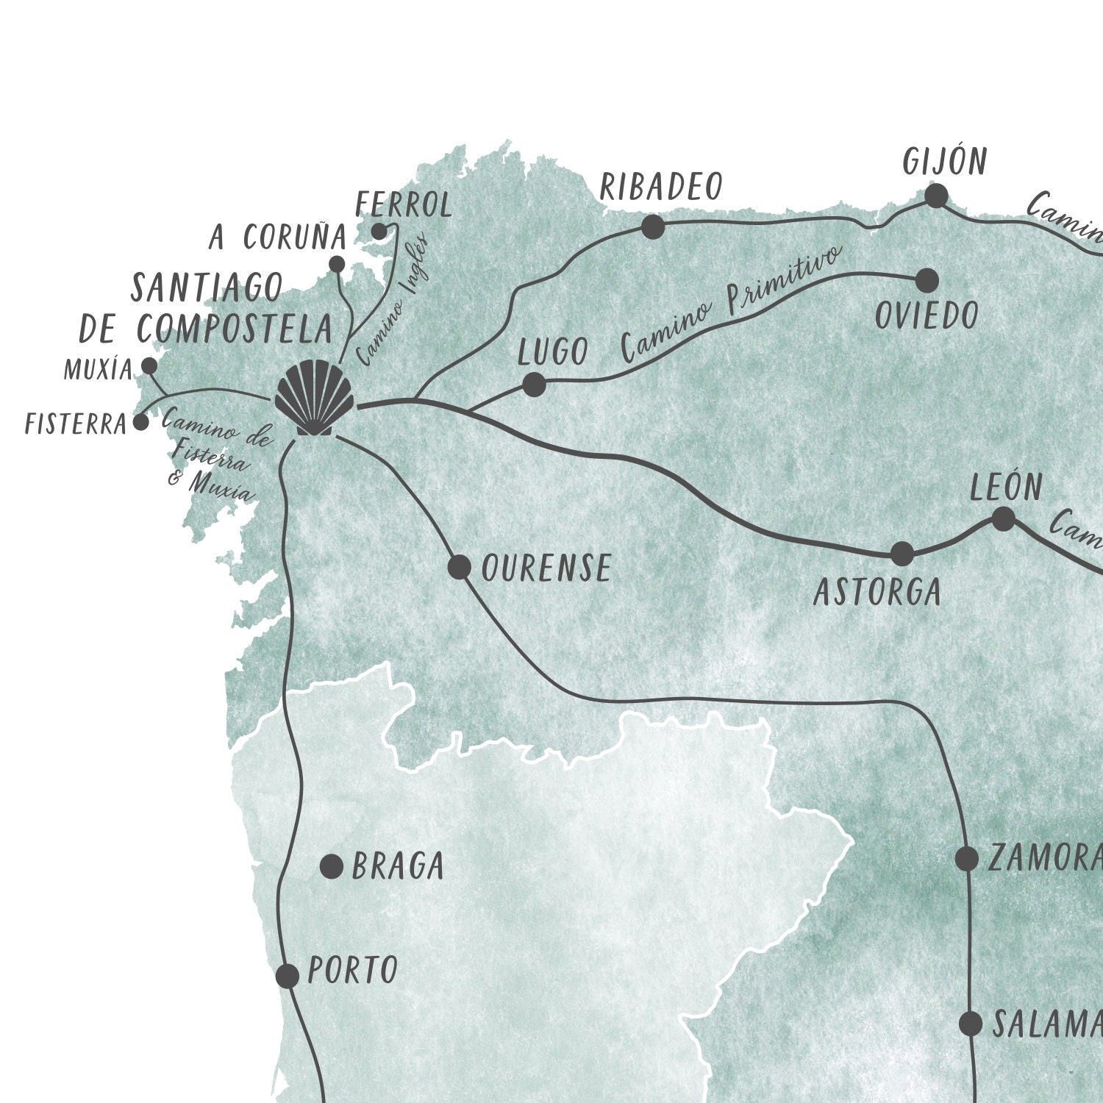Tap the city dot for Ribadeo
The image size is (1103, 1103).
coord(653,227)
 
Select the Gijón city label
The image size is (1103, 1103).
coord(945,162)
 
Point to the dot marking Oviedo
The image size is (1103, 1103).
coord(927,280)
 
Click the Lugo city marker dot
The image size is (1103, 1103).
coord(534,385)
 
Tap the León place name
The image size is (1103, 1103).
coord(1006,488)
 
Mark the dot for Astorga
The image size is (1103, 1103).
coord(902,554)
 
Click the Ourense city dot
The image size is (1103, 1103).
coord(460,567)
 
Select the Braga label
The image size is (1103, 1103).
coord(398,867)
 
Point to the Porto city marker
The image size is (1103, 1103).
coord(288,976)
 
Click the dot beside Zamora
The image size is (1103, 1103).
coord(967,858)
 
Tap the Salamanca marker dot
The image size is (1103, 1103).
coord(971,1023)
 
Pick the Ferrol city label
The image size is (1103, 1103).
coord(404,205)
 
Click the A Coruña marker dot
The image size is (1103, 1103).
coord(337,264)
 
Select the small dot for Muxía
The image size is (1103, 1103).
coord(149,365)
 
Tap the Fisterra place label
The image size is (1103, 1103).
coord(76,424)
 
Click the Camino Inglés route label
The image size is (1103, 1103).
coord(393,301)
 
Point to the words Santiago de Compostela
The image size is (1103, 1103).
coord(206,309)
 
